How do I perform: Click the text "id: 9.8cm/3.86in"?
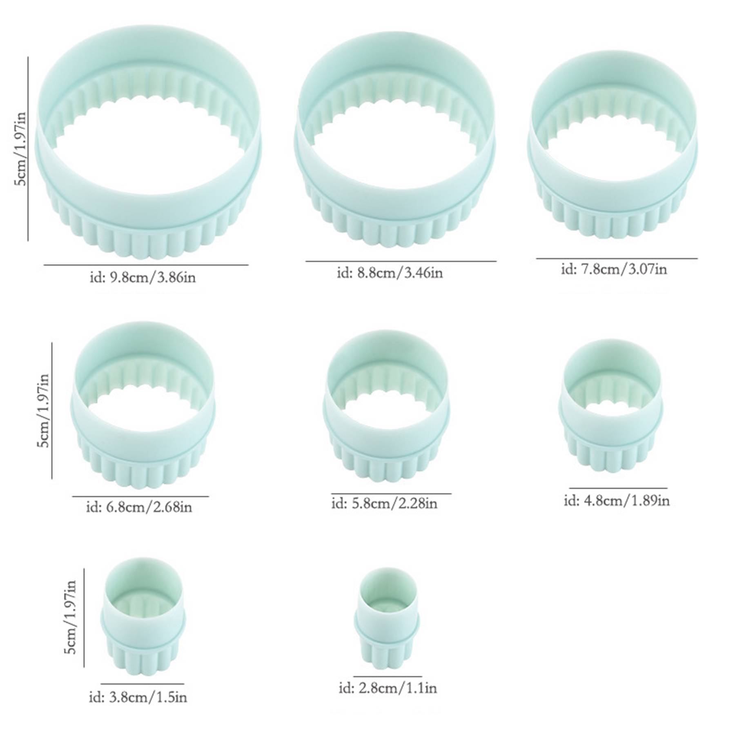(143, 278)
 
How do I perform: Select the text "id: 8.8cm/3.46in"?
(390, 272)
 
